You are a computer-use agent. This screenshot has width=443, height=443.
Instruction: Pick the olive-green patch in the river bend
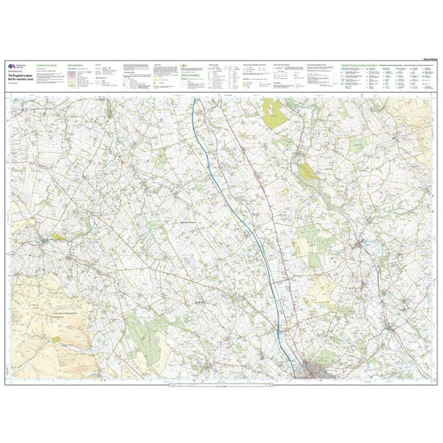point(306,172)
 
